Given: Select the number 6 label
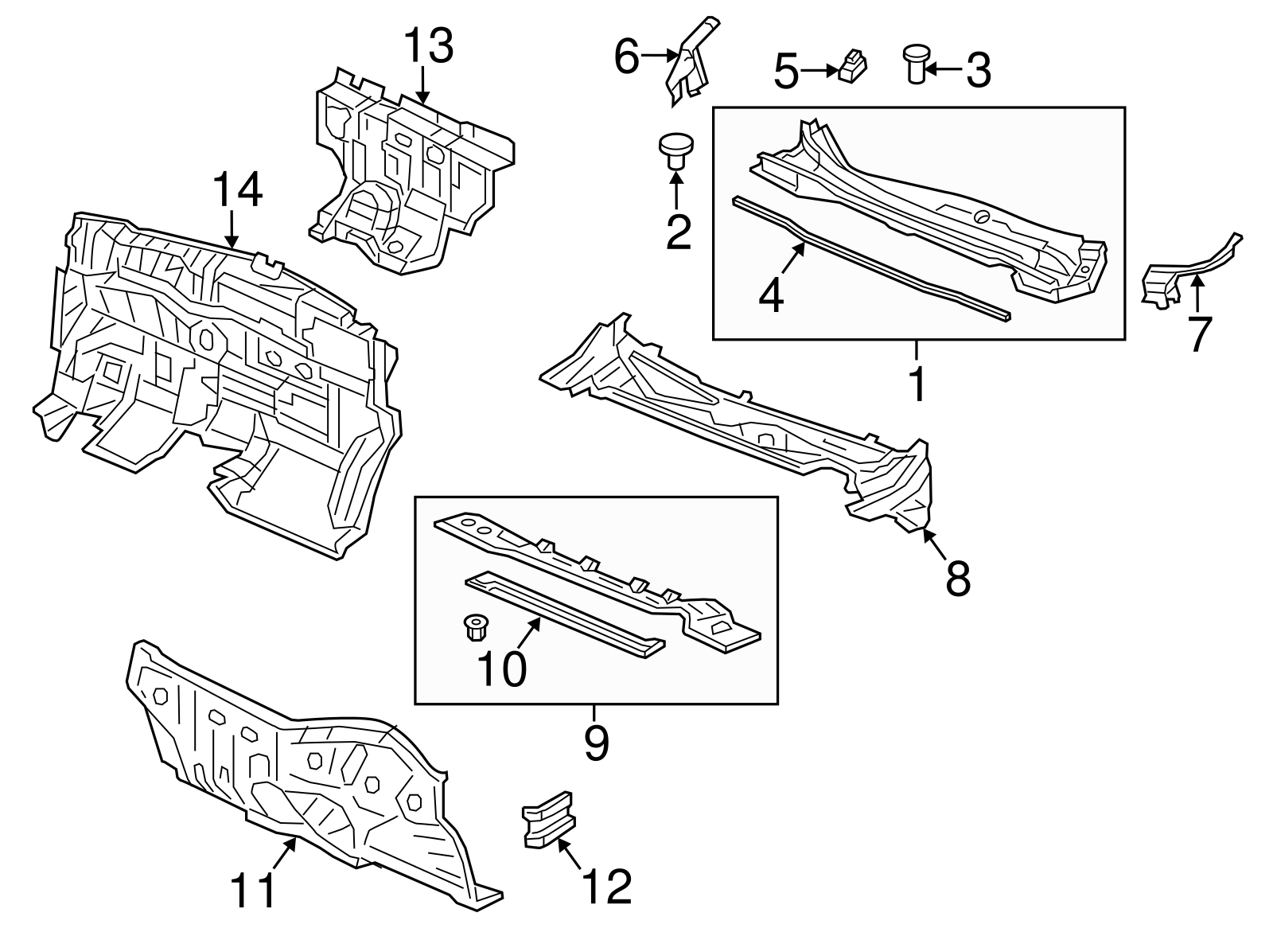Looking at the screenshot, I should [627, 57].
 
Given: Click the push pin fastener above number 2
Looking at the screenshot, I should [675, 151].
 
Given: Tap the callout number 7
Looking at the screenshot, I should [1198, 333].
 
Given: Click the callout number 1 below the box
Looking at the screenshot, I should [917, 385].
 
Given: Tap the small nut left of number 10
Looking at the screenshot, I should [475, 628].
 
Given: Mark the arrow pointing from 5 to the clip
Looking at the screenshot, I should [818, 71].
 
